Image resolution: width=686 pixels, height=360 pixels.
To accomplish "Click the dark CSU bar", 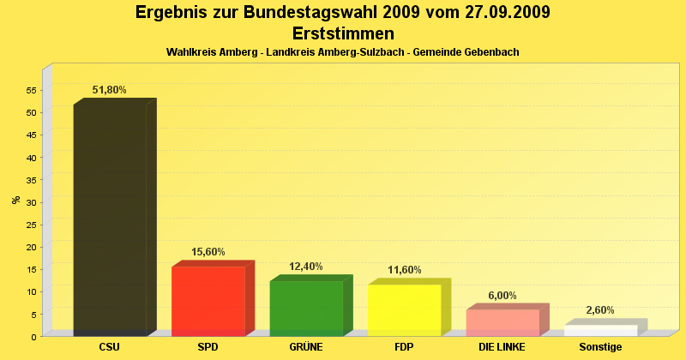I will [x=110, y=219].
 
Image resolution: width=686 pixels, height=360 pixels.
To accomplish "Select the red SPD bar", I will [x=208, y=301].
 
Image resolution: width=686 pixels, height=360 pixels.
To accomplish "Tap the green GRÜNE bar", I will [x=306, y=308].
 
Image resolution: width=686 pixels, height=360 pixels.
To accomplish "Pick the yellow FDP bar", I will [x=404, y=309].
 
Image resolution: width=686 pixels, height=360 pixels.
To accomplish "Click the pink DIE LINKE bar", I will [x=502, y=322].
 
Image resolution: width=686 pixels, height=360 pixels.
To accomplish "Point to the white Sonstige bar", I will [x=600, y=330].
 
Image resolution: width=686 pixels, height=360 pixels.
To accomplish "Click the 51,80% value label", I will [x=110, y=90].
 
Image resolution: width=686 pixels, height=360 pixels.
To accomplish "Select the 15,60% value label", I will [x=208, y=252].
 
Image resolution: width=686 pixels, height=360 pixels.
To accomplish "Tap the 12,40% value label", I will [x=306, y=267].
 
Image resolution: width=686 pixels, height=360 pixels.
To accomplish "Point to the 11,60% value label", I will [x=405, y=270].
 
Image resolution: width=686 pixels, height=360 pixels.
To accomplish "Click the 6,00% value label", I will [x=502, y=296].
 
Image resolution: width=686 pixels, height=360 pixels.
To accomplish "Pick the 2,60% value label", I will [x=600, y=310].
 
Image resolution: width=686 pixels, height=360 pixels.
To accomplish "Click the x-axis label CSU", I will [x=110, y=347].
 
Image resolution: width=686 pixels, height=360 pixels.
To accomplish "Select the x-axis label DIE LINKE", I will [x=502, y=347].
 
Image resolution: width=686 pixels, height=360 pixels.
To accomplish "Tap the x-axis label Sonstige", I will [x=600, y=347].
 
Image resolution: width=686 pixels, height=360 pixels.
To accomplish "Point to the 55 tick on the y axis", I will [x=31, y=90].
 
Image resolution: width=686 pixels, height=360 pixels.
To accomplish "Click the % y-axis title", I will [x=15, y=200].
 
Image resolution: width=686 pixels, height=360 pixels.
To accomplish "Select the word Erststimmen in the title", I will [x=343, y=33].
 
